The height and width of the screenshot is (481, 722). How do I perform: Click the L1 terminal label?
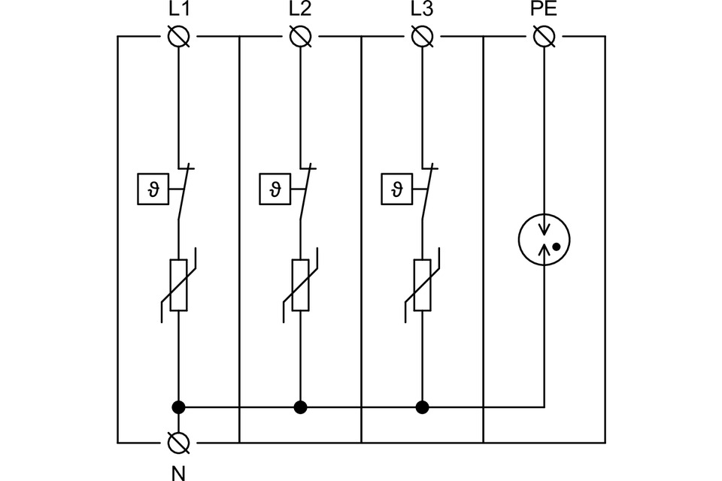coord(178,11)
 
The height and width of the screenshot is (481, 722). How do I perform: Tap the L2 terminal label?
coord(300,11)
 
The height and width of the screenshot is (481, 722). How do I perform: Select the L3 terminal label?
coord(422,11)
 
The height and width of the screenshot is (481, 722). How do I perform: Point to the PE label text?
coord(543,11)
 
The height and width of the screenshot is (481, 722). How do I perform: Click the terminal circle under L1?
coord(178,36)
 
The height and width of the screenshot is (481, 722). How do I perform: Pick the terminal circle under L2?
coord(300,36)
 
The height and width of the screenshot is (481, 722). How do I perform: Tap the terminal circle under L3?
coord(422,36)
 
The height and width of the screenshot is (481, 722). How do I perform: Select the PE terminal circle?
coord(544,36)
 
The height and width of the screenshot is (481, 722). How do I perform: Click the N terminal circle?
coord(178,442)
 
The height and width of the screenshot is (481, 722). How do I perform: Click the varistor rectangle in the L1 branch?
coord(178,285)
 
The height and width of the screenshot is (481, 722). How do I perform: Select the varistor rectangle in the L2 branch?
coord(300,285)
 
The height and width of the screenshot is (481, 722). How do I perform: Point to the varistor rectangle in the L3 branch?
coord(422,285)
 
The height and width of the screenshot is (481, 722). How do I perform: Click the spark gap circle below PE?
coord(544,241)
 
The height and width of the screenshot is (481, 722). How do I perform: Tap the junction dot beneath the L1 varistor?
coord(178,407)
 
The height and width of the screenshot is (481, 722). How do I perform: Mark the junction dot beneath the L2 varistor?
coord(300,407)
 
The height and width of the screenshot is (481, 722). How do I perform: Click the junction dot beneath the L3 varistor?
coord(422,407)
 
